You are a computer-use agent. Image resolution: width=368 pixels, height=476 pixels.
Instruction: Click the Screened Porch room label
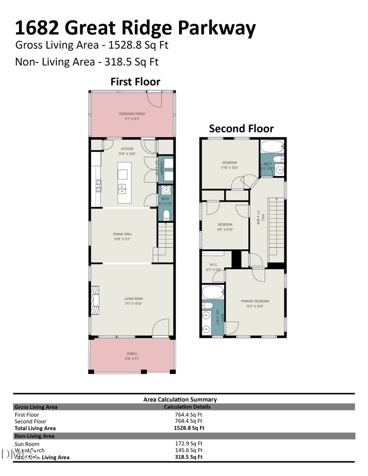click(x=132, y=114)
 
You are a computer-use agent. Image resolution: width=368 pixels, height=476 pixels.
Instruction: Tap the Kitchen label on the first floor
click(x=127, y=149)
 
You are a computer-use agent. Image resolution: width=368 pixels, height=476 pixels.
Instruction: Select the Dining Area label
click(x=122, y=234)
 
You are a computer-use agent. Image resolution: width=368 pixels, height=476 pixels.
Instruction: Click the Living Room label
click(x=133, y=299)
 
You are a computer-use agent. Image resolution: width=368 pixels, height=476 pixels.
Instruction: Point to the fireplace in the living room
click(x=96, y=296)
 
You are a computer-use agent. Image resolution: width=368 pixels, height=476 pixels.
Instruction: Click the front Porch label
click(x=132, y=354)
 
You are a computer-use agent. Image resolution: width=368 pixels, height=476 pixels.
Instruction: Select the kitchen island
click(x=122, y=182)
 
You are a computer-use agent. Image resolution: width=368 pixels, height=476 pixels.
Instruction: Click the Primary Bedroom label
click(x=255, y=301)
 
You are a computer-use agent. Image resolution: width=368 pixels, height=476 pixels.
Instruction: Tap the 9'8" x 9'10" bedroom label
click(x=224, y=225)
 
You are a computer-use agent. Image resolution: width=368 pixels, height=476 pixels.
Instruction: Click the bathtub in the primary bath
click(x=213, y=292)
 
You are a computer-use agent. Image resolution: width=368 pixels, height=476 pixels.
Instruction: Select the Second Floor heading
click(x=241, y=128)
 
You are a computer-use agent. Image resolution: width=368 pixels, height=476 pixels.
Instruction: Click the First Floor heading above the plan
click(x=135, y=82)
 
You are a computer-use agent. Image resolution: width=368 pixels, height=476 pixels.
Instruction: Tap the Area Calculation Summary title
click(x=180, y=399)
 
